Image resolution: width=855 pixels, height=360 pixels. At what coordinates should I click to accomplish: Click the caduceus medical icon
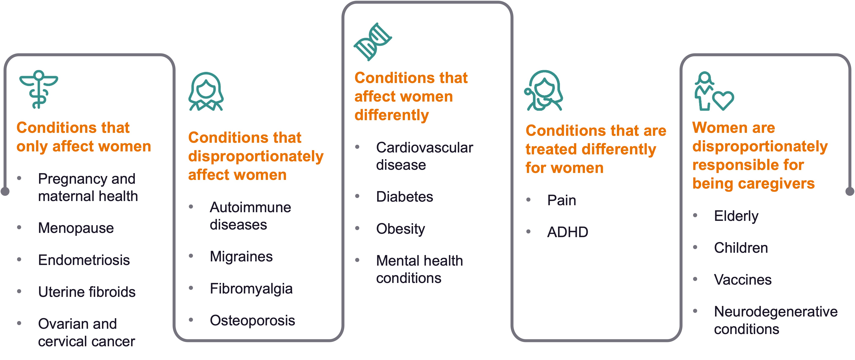click(x=38, y=89)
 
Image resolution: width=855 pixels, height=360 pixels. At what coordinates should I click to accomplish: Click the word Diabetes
click(x=405, y=197)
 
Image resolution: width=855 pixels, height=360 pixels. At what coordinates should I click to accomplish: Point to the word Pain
click(x=562, y=200)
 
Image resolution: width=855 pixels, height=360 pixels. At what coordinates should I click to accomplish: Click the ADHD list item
click(x=568, y=232)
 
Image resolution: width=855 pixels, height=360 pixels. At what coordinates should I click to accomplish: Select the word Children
click(x=741, y=248)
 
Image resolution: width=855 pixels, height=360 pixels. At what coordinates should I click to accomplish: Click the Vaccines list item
click(x=743, y=280)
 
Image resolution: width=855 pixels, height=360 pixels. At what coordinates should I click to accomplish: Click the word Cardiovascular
click(x=424, y=147)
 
